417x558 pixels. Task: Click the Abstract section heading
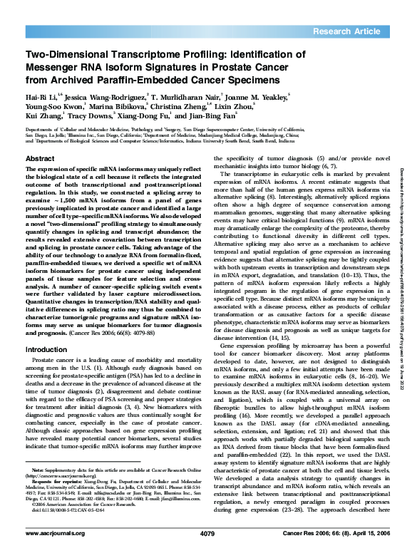(x=40, y=157)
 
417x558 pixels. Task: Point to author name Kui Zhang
(x=43, y=118)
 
